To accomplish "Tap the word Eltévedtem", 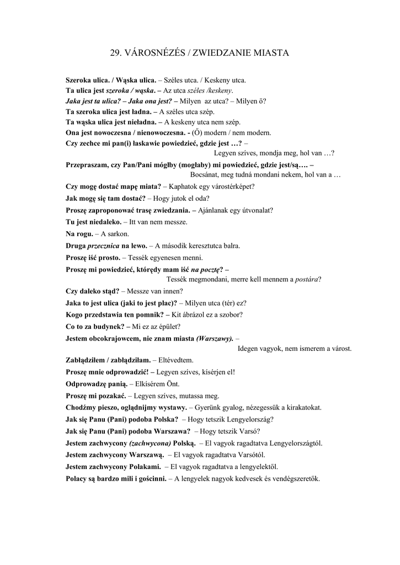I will click(x=177, y=360).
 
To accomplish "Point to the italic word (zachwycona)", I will click(x=150, y=443).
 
